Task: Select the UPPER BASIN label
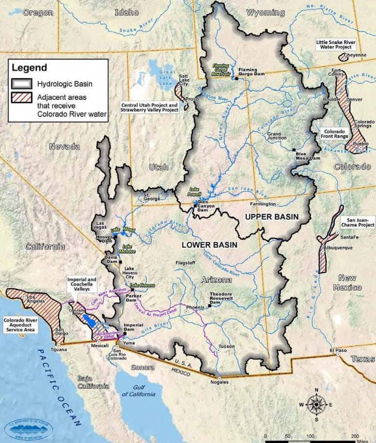point(272,216)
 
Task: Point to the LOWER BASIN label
point(209,245)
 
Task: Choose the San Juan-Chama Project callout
point(358,222)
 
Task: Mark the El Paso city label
point(338,350)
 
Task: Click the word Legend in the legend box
point(29,68)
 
